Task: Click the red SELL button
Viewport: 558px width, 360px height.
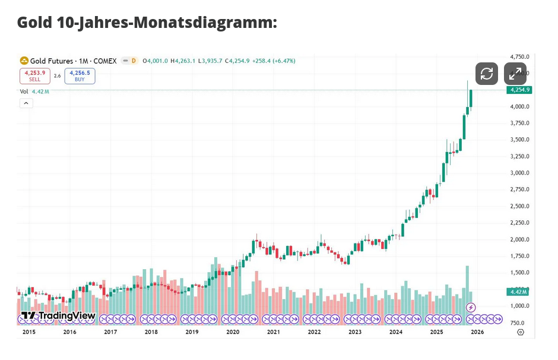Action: click(x=35, y=76)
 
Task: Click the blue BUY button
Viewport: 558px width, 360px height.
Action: click(x=80, y=76)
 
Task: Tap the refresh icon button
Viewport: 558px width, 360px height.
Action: click(x=487, y=74)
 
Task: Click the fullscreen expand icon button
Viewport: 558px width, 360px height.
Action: click(x=515, y=74)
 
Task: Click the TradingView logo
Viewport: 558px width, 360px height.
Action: click(x=58, y=315)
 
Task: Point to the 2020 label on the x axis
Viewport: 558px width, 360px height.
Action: click(x=233, y=332)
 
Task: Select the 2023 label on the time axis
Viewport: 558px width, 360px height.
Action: click(x=355, y=332)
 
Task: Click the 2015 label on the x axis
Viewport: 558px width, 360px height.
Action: click(x=29, y=332)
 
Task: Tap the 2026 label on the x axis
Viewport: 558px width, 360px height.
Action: click(x=477, y=332)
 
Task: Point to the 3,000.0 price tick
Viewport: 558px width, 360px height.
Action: click(x=519, y=173)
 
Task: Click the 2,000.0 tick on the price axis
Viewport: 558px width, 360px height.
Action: click(x=519, y=239)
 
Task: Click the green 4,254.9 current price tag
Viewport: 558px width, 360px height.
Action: click(x=519, y=90)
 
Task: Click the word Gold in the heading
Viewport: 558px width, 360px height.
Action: click(x=34, y=23)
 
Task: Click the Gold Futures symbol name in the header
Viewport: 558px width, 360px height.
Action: click(x=52, y=61)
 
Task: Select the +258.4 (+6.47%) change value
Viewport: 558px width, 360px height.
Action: click(x=274, y=61)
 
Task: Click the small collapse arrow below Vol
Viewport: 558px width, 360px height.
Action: click(x=26, y=103)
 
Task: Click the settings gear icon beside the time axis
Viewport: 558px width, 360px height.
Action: click(x=520, y=332)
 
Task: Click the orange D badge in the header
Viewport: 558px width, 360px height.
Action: click(x=134, y=61)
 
